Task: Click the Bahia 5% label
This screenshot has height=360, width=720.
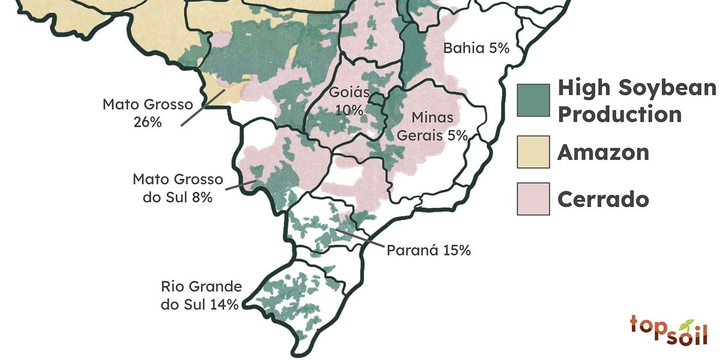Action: (476, 49)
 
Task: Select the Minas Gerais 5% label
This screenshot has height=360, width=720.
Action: (432, 126)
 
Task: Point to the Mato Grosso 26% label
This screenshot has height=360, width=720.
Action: (148, 113)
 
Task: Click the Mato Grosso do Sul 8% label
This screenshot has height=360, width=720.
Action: (178, 188)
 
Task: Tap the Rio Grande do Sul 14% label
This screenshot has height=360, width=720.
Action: (201, 295)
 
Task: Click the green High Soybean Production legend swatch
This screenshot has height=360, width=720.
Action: (533, 100)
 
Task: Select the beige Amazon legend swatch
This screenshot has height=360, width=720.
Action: (533, 152)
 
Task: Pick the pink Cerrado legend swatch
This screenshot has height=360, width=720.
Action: (533, 199)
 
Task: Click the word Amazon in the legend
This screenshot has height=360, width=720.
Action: (603, 152)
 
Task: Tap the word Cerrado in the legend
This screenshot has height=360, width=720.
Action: (603, 199)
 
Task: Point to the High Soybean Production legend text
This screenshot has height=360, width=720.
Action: (636, 100)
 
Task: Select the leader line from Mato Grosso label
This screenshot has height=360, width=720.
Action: (201, 108)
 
